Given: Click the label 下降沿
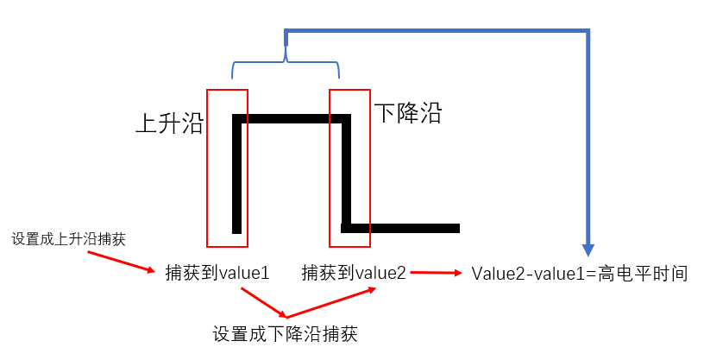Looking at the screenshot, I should coord(408,112).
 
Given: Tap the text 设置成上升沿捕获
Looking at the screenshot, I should coord(69,239).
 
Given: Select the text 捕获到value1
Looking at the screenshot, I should coord(217,273).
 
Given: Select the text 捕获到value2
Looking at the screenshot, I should coord(354,273).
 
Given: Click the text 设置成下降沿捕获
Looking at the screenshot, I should coord(285,333).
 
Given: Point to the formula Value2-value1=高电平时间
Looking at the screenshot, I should coord(579,274).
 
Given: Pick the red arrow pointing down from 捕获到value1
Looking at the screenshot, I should coord(263,303).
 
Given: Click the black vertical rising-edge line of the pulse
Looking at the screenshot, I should coord(237,173).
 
